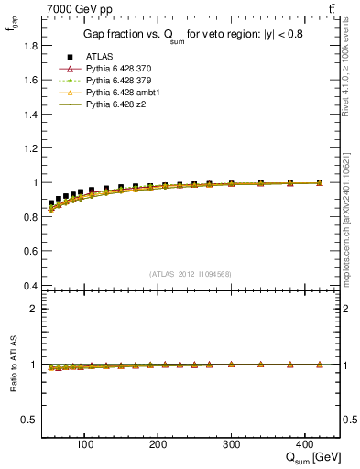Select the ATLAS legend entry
(x=100, y=56)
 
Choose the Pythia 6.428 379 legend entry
(x=119, y=81)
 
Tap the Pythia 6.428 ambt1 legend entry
(x=122, y=93)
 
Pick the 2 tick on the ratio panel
(x=31, y=309)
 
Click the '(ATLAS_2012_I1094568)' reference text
(x=191, y=274)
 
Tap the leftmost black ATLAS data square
(x=51, y=203)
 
